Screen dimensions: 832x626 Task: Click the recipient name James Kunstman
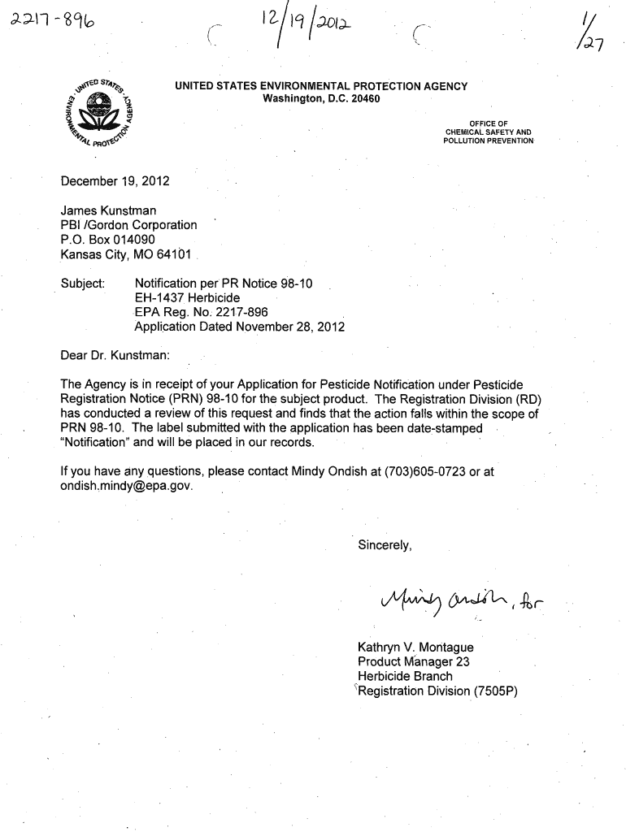109,211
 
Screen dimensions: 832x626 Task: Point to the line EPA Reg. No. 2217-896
201,313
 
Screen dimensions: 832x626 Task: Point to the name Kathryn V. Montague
415,648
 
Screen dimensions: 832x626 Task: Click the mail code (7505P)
490,691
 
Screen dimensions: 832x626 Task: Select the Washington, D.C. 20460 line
321,99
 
